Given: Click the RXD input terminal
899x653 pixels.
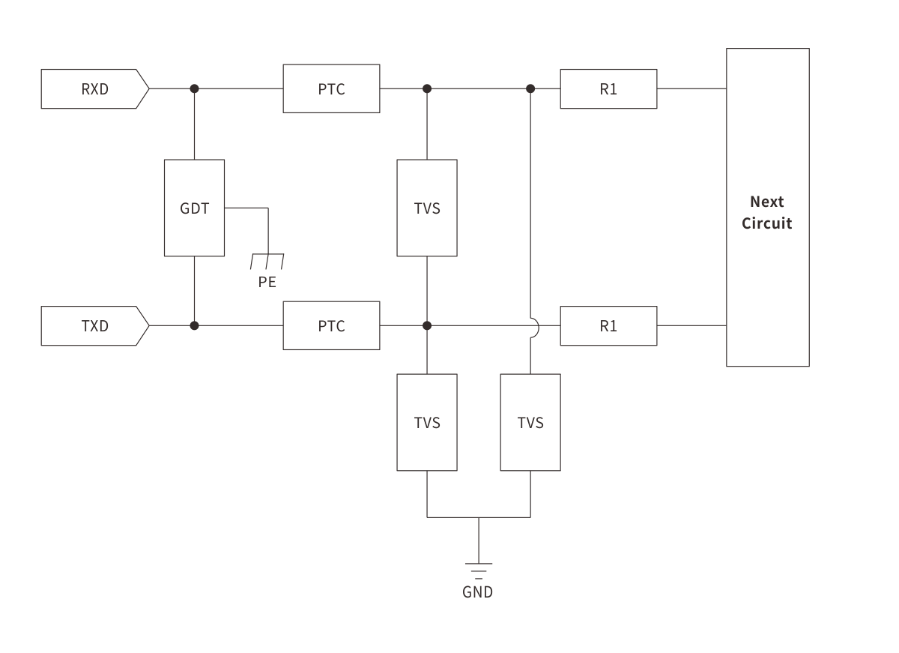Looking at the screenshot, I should [94, 89].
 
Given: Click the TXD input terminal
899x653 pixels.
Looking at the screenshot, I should [94, 326].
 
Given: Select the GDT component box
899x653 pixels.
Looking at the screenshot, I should [194, 208].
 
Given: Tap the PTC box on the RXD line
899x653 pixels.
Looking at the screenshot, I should [331, 89].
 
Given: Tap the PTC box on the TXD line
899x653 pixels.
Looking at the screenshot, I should [331, 326].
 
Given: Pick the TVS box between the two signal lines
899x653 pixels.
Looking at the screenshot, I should [427, 208].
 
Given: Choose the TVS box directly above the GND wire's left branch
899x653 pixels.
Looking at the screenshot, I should [427, 423].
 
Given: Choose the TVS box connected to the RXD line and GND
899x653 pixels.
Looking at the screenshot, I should [530, 423].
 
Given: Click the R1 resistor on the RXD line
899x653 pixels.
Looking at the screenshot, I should [608, 89].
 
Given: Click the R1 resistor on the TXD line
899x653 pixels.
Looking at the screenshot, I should [608, 326].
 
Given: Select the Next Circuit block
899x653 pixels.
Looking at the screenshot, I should [767, 208].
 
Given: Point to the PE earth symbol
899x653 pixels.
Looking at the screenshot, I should [267, 262].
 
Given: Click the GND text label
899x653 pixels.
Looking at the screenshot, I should [478, 592].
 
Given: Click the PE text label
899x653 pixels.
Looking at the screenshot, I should [267, 283].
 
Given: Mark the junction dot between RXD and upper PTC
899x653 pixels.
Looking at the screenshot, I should [194, 88].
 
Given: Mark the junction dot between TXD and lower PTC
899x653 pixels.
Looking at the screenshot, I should [194, 325].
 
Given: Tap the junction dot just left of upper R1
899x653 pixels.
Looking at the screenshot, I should [530, 88].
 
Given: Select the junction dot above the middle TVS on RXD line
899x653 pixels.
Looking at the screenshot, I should [427, 88].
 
